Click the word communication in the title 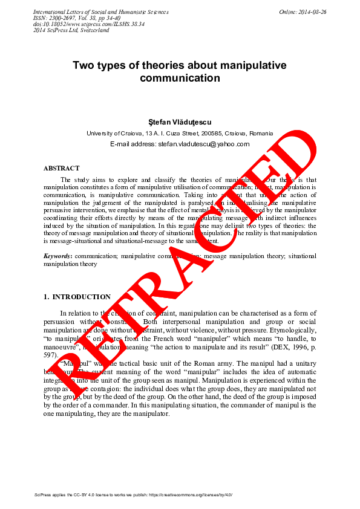pos(180,79)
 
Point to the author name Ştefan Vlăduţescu pos(180,122)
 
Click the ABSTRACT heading pos(61,168)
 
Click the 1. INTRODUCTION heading pos(77,297)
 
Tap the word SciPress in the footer pos(44,494)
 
